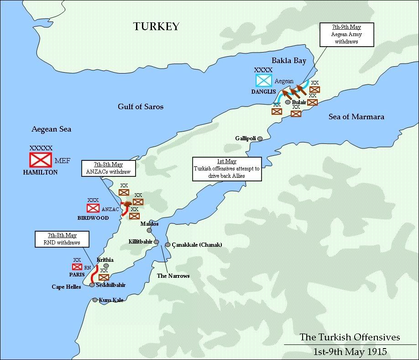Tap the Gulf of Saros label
coord(141,106)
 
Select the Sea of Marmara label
coord(356,116)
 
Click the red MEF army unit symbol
coord(41,159)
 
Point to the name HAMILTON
coord(40,173)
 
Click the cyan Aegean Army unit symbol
coord(263,80)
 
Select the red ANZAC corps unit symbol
coord(93,208)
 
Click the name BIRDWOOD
coord(93,218)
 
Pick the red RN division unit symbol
coord(77,267)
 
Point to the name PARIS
coord(77,275)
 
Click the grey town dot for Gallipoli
coord(260,138)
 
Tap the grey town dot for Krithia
coord(106,265)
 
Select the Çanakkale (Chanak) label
coord(197,245)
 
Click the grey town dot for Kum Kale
coord(95,300)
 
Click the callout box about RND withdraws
coord(62,238)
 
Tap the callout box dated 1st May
coord(226,169)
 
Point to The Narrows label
coord(173,275)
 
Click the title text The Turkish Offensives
coord(350,338)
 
